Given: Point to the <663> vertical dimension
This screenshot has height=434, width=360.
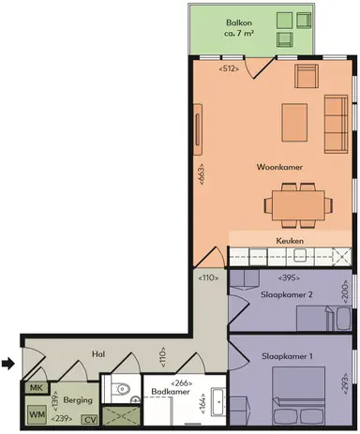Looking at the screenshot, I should pos(201,173).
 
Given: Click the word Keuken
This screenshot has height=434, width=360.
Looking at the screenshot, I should pos(289,241).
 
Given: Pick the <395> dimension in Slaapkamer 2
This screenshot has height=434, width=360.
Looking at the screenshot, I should pos(290,277).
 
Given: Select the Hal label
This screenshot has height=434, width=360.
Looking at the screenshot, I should pos(97,354).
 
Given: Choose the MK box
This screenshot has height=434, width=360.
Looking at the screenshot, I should pos(36,388).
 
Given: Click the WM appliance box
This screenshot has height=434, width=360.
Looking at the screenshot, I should pos(36,412).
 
